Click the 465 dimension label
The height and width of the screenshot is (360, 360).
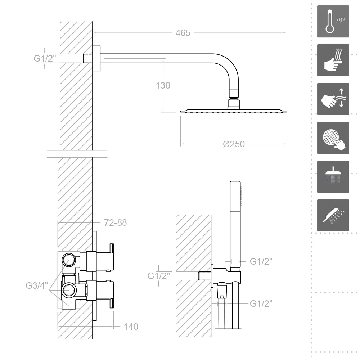pos(183,33)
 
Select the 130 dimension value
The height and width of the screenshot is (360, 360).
pos(163,86)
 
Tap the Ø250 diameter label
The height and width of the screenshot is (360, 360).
pos(234,144)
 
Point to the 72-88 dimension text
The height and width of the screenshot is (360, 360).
pos(115,223)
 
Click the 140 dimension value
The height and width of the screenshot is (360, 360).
pos(131,327)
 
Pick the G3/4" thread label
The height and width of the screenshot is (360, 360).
pos(37,285)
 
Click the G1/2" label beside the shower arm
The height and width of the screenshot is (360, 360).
pos(45,58)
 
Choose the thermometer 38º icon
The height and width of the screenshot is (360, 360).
pos(333,21)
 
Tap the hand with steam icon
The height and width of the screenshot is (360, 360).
pos(333,60)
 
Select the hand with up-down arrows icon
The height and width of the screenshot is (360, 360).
pos(333,99)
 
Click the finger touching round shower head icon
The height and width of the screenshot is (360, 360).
pos(333,138)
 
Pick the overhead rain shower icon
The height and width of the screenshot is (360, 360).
pos(333,176)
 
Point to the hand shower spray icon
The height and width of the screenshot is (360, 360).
pos(333,215)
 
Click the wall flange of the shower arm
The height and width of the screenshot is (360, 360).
pos(96,58)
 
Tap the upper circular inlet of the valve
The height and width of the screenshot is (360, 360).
pos(69,260)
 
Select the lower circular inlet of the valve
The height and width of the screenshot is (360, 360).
pos(68,290)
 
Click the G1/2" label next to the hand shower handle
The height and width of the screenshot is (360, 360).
pos(261,261)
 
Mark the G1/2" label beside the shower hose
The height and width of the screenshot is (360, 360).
pos(261,303)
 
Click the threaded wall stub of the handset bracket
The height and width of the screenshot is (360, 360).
pos(204,276)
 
